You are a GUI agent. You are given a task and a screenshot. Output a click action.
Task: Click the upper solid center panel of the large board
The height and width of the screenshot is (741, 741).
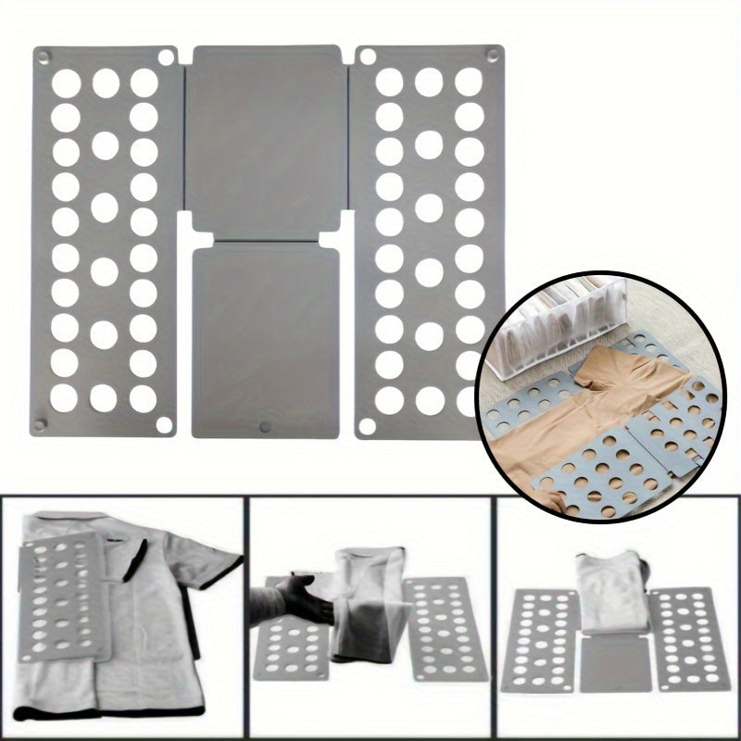(x=267, y=130)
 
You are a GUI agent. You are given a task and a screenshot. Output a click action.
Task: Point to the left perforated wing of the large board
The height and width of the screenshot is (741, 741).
(x=105, y=241)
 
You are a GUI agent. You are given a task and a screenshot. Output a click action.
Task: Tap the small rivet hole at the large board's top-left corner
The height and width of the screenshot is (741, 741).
(x=43, y=57)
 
